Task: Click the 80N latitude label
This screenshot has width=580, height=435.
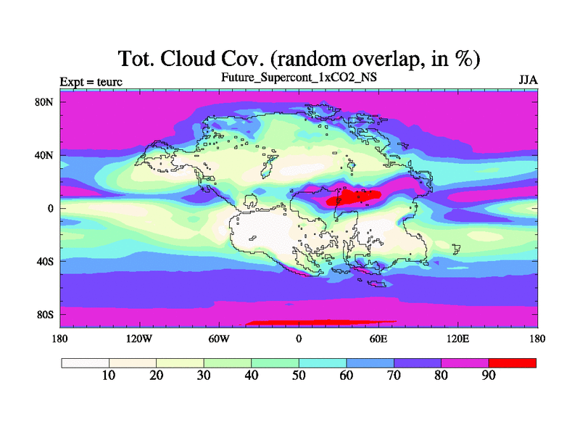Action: tap(44, 102)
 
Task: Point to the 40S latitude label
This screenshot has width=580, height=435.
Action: tap(45, 262)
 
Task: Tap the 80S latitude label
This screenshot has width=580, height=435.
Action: tap(45, 315)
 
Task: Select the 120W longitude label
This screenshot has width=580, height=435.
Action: tap(139, 339)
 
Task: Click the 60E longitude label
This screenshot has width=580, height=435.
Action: tap(378, 339)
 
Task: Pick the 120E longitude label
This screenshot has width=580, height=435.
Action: tap(458, 339)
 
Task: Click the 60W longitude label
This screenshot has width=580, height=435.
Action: tap(219, 339)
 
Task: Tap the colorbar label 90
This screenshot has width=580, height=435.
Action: tap(488, 376)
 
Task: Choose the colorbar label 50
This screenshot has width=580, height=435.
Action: tap(299, 376)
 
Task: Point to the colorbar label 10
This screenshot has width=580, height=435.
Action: tap(108, 376)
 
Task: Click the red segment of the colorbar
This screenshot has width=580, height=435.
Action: tap(513, 363)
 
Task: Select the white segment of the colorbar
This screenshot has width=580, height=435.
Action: tap(86, 363)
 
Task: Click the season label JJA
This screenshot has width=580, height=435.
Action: tap(529, 80)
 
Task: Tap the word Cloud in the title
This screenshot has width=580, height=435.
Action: tap(188, 59)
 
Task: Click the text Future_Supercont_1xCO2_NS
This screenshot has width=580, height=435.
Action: tap(299, 78)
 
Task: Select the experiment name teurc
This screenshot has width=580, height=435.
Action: tap(109, 82)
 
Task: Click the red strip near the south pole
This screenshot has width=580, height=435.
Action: tap(321, 323)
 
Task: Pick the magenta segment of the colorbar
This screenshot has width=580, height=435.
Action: tap(465, 363)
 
